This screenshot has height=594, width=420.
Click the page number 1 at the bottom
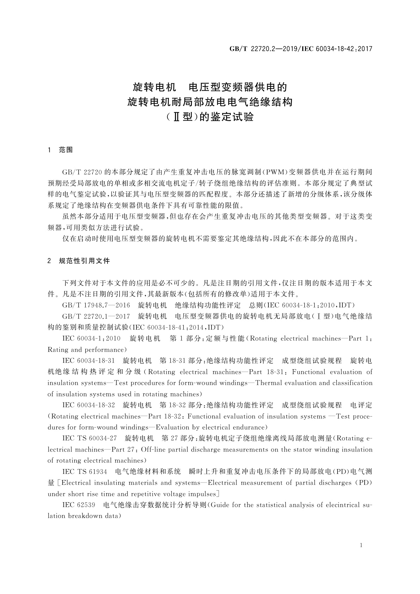(x=361, y=545)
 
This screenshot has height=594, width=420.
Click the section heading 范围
(x=66, y=150)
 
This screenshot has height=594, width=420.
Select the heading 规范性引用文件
(x=85, y=261)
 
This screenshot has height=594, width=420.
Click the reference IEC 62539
(x=79, y=505)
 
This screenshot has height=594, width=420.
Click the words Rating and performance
(x=86, y=350)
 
